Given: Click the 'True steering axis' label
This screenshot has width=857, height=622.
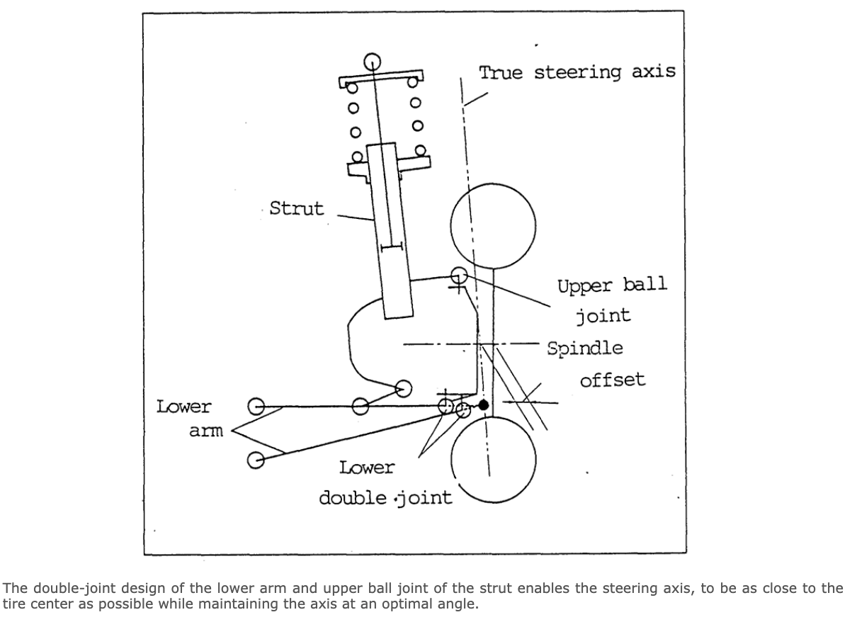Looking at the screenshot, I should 577,72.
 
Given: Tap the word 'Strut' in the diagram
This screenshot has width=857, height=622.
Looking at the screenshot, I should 296,208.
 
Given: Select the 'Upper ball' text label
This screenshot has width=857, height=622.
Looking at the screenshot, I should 612,285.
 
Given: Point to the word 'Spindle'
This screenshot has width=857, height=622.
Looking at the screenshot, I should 585,348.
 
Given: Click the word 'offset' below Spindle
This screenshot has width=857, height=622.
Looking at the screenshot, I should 613,380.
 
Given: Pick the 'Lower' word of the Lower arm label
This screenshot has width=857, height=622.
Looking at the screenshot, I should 183,407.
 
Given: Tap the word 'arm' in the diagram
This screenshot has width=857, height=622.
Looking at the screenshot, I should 205,430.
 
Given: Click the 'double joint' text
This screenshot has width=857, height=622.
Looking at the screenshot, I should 385,497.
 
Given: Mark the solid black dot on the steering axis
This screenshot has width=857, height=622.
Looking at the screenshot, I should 483,405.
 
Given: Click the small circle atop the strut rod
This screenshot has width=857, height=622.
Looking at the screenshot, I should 373,61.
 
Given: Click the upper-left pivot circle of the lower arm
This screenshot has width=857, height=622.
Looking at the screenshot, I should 256,407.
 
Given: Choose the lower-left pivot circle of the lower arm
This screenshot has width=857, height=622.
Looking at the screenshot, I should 256,459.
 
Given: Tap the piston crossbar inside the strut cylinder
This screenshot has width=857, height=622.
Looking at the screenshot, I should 391,247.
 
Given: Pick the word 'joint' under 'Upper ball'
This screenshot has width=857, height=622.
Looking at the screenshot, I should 602,315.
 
